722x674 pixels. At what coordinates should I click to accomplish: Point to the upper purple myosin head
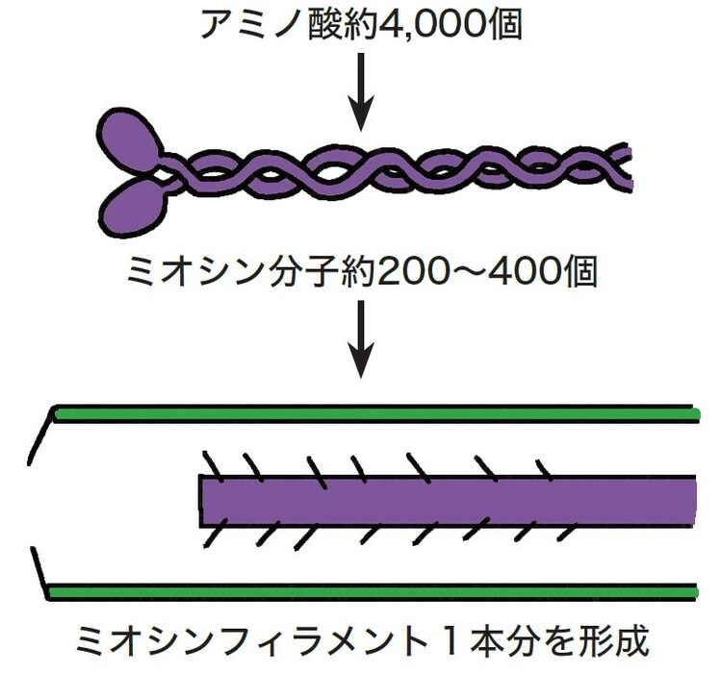tap(130, 138)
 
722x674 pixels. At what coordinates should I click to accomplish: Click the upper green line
tap(375, 412)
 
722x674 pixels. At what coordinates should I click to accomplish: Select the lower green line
tap(375, 590)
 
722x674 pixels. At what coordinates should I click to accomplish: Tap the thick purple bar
tap(448, 497)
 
